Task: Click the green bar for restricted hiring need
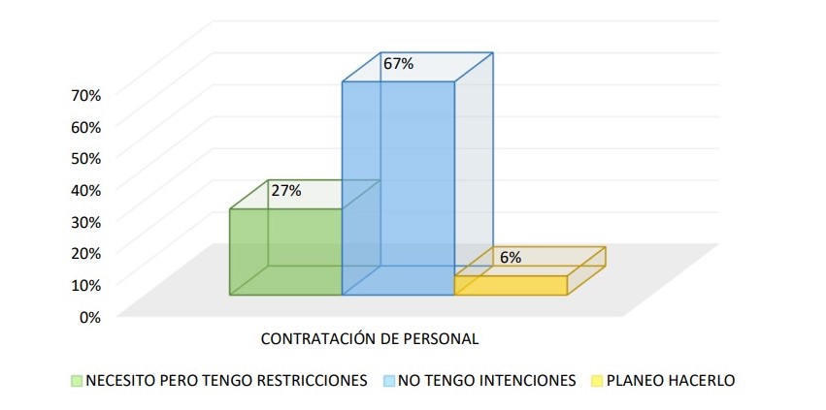[x=285, y=251]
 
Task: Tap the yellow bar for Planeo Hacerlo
[x=511, y=285]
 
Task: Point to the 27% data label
[x=286, y=191]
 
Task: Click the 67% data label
[x=398, y=64]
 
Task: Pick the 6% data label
[x=511, y=258]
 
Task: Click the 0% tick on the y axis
[x=89, y=316]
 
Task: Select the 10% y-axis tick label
[x=86, y=284]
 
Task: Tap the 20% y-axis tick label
[x=86, y=253]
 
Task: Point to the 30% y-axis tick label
[x=86, y=221]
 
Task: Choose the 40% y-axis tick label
[x=86, y=189]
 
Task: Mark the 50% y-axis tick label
[x=86, y=158]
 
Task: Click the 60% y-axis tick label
[x=86, y=126]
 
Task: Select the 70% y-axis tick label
[x=86, y=95]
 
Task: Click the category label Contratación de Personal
[x=370, y=339]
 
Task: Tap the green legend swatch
[x=77, y=380]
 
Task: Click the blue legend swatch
[x=389, y=380]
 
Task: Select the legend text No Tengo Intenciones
[x=486, y=380]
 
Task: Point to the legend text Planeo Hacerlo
[x=671, y=380]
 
